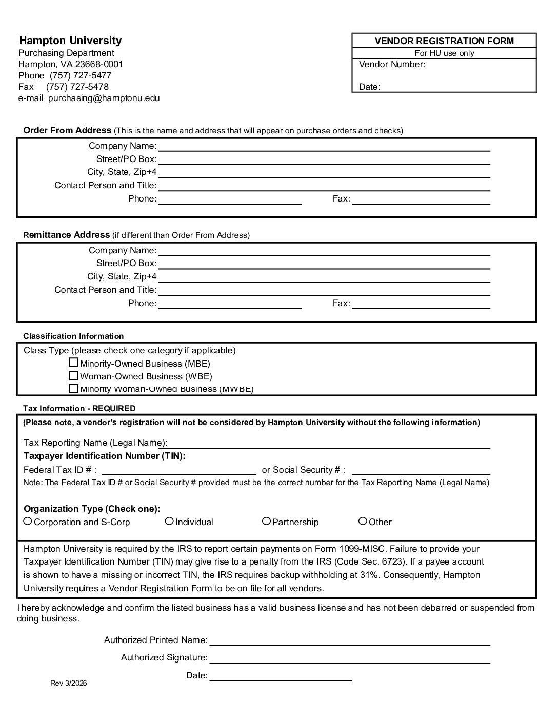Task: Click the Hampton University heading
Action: pyautogui.click(x=70, y=41)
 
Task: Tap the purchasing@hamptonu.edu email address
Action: pyautogui.click(x=104, y=98)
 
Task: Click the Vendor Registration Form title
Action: pyautogui.click(x=444, y=41)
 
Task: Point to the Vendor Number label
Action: pyautogui.click(x=392, y=64)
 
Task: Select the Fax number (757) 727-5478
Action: pyautogui.click(x=77, y=87)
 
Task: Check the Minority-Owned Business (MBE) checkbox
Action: pyautogui.click(x=74, y=363)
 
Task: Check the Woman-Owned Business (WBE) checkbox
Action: pyautogui.click(x=74, y=375)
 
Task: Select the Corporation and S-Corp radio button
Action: pyautogui.click(x=28, y=521)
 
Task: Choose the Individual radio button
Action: pyautogui.click(x=169, y=521)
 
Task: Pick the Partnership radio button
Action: pyautogui.click(x=266, y=521)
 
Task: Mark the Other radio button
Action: pyautogui.click(x=363, y=521)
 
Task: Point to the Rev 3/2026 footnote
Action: pyautogui.click(x=69, y=683)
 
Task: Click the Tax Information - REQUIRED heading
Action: pyautogui.click(x=79, y=409)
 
